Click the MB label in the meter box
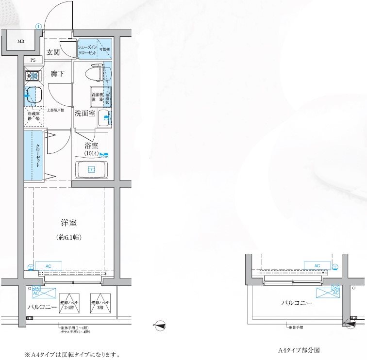click(x=21, y=41)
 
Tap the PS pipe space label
click(x=33, y=60)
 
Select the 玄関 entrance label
click(x=53, y=52)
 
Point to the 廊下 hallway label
click(x=58, y=74)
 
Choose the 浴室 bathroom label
click(x=91, y=145)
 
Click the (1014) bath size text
click(x=91, y=153)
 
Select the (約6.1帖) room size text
click(x=68, y=238)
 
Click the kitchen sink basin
click(x=33, y=93)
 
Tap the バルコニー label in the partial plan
click(x=296, y=303)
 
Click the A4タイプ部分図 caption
click(x=299, y=350)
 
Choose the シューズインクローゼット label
click(x=88, y=49)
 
